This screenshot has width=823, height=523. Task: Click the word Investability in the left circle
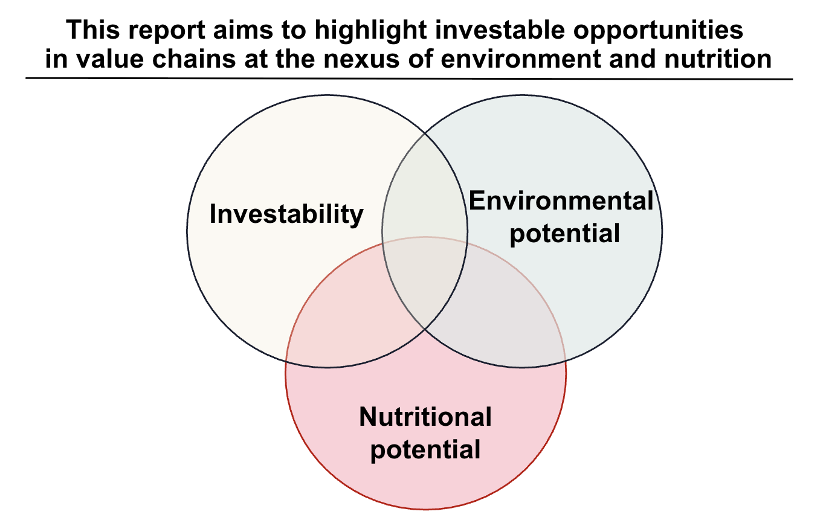tap(286, 214)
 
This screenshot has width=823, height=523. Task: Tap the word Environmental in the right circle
tap(561, 201)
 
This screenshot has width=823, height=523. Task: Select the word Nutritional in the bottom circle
tap(425, 417)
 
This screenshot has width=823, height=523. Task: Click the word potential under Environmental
tap(564, 234)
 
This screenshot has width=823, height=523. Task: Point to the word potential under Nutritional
tap(425, 450)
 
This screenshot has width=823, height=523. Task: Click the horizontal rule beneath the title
tap(408, 79)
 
